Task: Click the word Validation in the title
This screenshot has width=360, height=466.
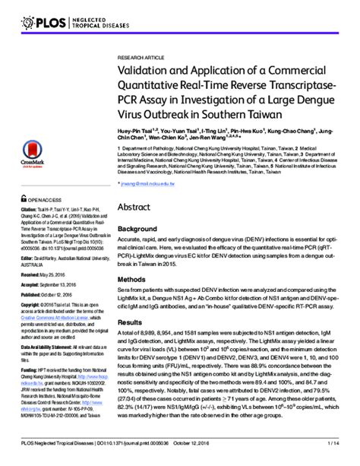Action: [146, 71]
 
